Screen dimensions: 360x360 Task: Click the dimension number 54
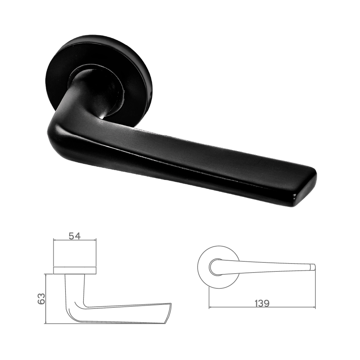(x=75, y=236)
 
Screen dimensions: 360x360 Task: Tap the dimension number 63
(x=42, y=298)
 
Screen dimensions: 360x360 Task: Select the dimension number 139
(x=262, y=303)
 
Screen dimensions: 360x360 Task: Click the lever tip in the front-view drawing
(x=313, y=267)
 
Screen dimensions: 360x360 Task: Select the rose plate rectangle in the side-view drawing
(x=75, y=270)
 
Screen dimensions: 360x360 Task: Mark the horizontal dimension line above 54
(x=75, y=240)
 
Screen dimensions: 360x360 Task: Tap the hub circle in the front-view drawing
(x=215, y=267)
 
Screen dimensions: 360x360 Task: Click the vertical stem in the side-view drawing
(x=75, y=288)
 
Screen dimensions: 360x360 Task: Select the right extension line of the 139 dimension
(x=315, y=288)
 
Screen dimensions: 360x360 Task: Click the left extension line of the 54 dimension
(x=54, y=252)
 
